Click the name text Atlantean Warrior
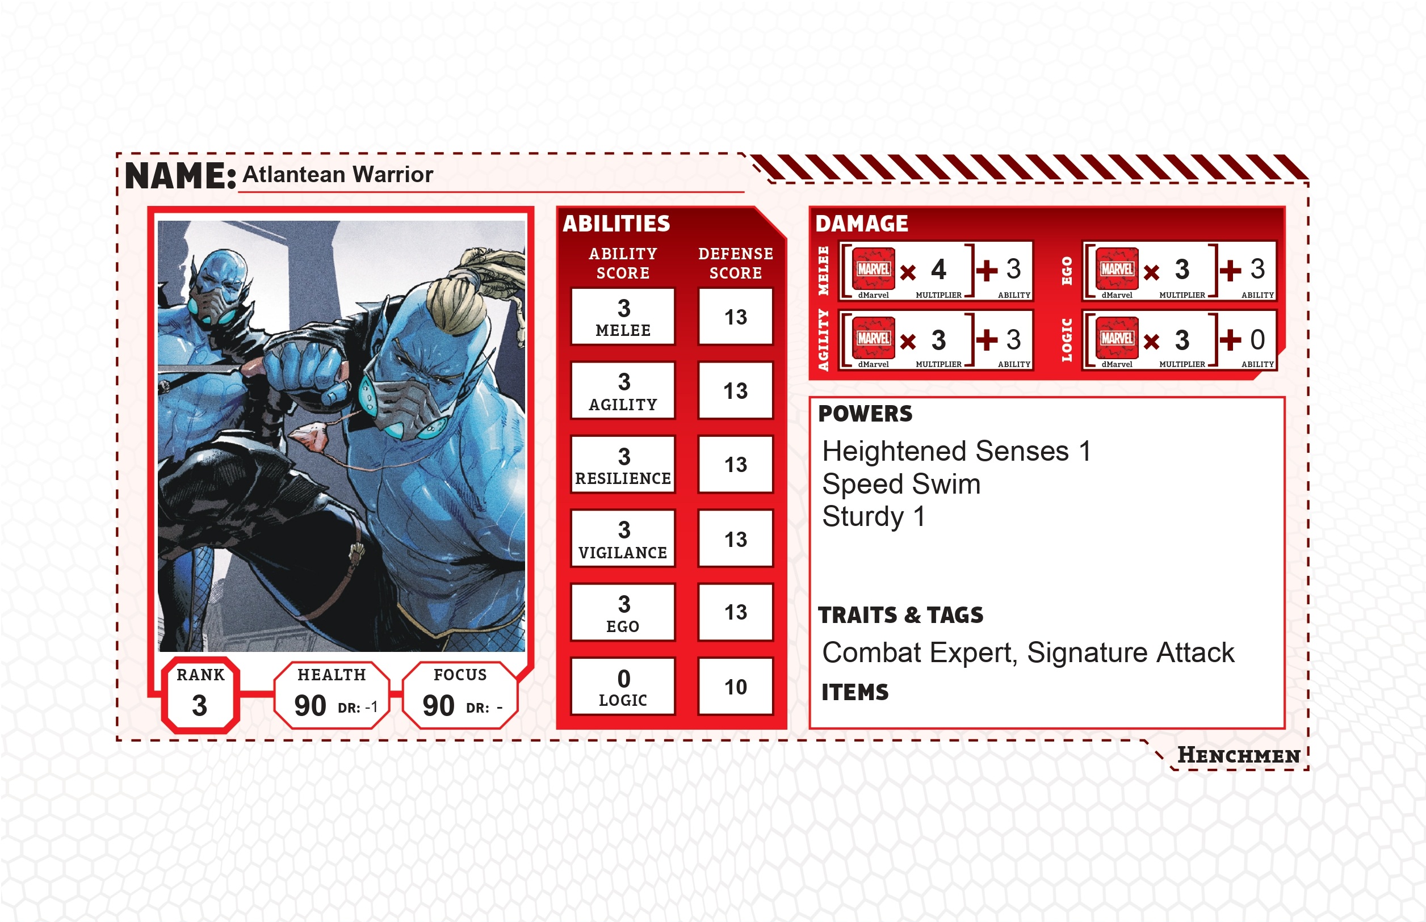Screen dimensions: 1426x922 (x=337, y=174)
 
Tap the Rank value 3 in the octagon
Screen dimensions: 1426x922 (x=199, y=705)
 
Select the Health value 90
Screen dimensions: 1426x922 (x=310, y=705)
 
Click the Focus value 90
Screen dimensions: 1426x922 (x=438, y=705)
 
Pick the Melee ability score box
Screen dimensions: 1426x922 (x=623, y=317)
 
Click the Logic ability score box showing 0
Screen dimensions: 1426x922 (x=623, y=686)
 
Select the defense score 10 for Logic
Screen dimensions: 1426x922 (x=736, y=686)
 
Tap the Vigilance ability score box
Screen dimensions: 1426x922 (x=623, y=538)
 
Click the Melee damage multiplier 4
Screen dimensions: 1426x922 (x=938, y=270)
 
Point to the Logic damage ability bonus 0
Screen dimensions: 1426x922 (x=1257, y=339)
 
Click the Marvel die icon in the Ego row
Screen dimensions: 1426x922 (x=1117, y=269)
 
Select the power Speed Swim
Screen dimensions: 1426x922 (x=901, y=484)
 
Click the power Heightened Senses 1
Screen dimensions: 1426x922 (x=957, y=451)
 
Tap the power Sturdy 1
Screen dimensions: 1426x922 (x=874, y=516)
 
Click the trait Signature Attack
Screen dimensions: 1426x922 (x=1131, y=652)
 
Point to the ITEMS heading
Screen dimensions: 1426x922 (x=855, y=692)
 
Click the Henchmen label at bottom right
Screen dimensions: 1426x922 (x=1239, y=756)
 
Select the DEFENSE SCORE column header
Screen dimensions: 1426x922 (x=736, y=263)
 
